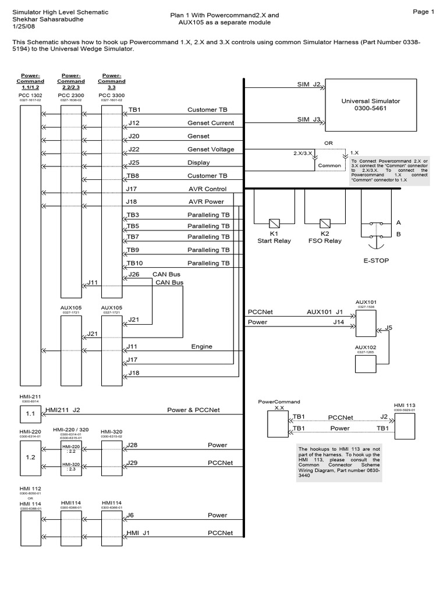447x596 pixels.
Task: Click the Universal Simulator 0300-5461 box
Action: (379, 105)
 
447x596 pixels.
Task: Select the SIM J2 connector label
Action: (309, 84)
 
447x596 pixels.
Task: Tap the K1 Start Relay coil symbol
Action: (273, 223)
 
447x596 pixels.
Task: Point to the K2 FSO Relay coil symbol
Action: (325, 223)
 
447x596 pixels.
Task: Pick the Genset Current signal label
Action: (210, 123)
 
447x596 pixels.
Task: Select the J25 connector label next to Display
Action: (133, 162)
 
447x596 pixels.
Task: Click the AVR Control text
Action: (207, 189)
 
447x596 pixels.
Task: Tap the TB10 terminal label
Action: (134, 263)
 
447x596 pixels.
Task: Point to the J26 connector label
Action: (134, 274)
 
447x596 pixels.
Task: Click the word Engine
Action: (202, 346)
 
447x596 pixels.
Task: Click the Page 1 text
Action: (424, 12)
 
